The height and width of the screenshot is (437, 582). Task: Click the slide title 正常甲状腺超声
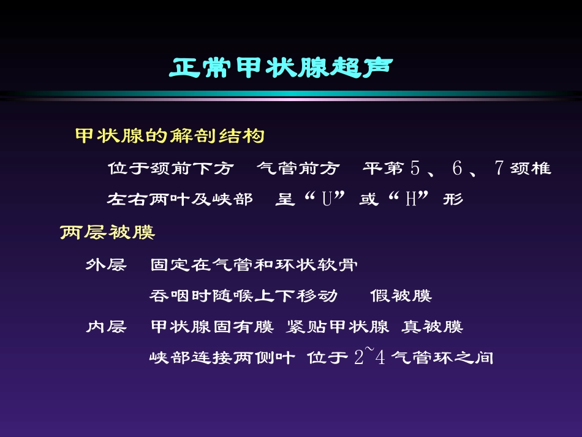pyautogui.click(x=281, y=68)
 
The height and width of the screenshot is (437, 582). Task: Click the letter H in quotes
pyautogui.click(x=410, y=200)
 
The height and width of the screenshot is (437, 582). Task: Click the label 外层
pyautogui.click(x=106, y=265)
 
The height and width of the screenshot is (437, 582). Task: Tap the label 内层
pyautogui.click(x=106, y=327)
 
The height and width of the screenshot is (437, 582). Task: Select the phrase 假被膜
pyautogui.click(x=401, y=296)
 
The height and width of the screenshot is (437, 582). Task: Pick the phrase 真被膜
pyautogui.click(x=432, y=327)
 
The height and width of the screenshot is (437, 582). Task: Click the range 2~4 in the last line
pyautogui.click(x=369, y=357)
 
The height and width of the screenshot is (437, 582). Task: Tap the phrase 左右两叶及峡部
pyautogui.click(x=180, y=200)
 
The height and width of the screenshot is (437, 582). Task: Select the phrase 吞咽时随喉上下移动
pyautogui.click(x=243, y=296)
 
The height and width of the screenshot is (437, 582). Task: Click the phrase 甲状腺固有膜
pyautogui.click(x=212, y=327)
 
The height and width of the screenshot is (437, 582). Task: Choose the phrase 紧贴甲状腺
pyautogui.click(x=338, y=327)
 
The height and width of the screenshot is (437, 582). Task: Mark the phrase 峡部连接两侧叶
pyautogui.click(x=222, y=357)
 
